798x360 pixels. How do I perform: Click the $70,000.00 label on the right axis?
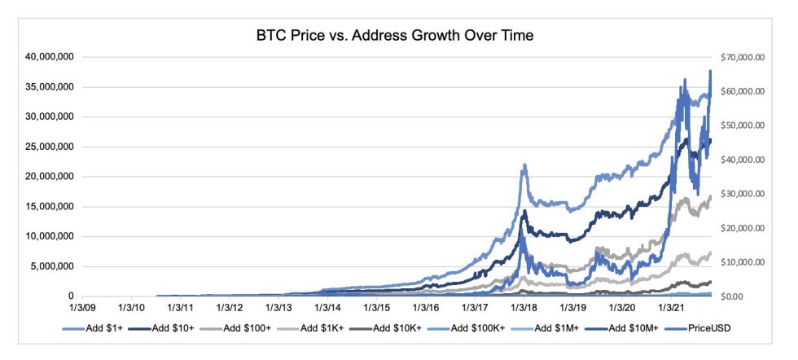click(x=743, y=57)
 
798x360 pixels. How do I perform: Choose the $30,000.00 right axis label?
click(x=743, y=194)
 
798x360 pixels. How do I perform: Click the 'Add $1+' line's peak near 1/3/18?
click(x=525, y=165)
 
